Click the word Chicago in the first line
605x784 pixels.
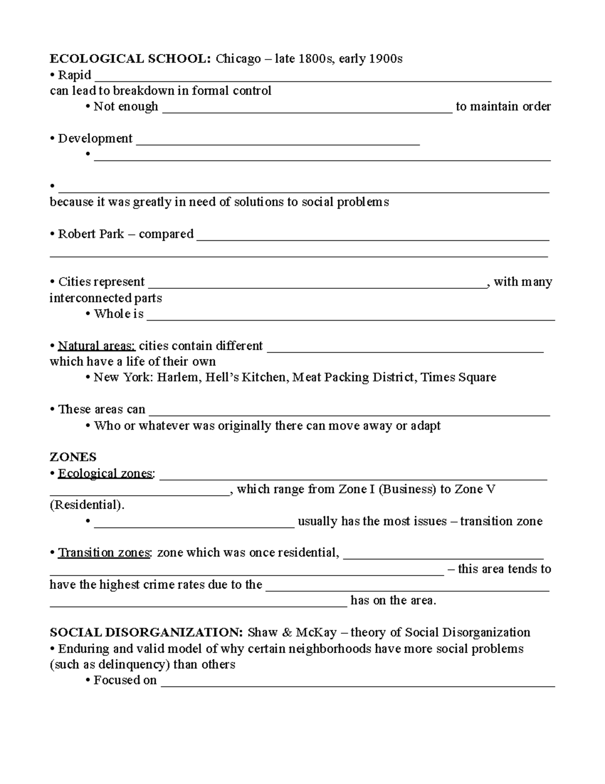[x=238, y=59]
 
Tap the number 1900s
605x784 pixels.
[x=386, y=59]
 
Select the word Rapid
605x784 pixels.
[x=75, y=75]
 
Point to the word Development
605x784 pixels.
[x=95, y=138]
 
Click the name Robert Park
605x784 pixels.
[x=91, y=234]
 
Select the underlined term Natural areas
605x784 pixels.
[x=96, y=346]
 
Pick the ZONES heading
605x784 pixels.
[x=73, y=457]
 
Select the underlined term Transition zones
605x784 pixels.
[x=104, y=553]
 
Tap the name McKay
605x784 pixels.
[x=316, y=633]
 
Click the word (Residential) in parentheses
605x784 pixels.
[x=86, y=505]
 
